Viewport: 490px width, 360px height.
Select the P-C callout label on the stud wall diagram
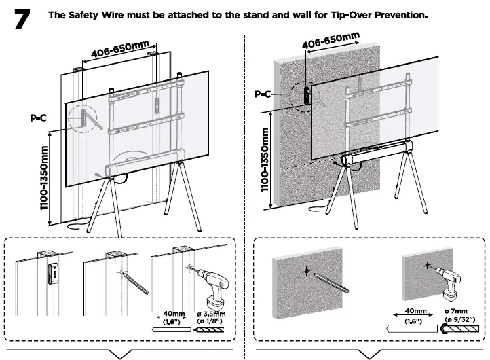tap(38, 118)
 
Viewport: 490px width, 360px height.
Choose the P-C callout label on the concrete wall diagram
tap(263, 94)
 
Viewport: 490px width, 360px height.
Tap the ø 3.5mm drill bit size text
tap(210, 314)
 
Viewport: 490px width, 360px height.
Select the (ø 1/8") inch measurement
tap(210, 322)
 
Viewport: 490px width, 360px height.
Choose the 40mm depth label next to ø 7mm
tap(406, 313)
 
